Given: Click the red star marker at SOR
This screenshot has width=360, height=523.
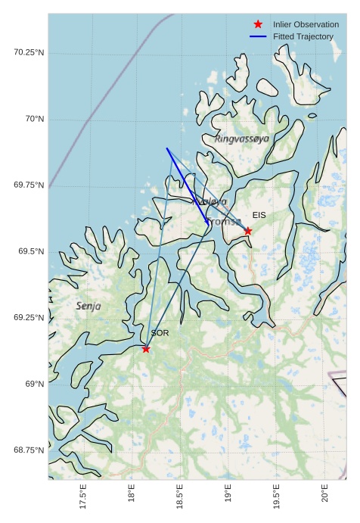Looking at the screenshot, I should point(146,349).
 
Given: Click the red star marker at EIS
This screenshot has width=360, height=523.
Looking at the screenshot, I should point(248,231).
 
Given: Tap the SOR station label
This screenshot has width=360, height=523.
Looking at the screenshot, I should point(160,333).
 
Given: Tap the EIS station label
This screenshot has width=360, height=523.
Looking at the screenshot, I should point(259,216).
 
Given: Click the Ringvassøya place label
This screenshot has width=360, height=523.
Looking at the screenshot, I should point(241,139).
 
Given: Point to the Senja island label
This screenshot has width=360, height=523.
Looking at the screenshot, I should point(88,306).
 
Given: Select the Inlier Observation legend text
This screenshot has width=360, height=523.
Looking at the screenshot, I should point(306,24).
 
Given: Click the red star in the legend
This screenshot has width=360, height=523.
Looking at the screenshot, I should point(258,24).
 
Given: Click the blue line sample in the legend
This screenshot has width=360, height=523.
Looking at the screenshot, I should point(258,36).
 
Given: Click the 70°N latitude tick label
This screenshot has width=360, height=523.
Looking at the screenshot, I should point(34,119).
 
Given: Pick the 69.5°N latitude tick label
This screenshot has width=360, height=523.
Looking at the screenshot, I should point(31,251).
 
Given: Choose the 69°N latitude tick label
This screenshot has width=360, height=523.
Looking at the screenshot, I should point(34,384).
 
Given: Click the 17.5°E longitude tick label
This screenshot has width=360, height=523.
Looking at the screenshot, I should point(83,496).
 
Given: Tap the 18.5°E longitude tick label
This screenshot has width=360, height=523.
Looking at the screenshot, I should point(180,496).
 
